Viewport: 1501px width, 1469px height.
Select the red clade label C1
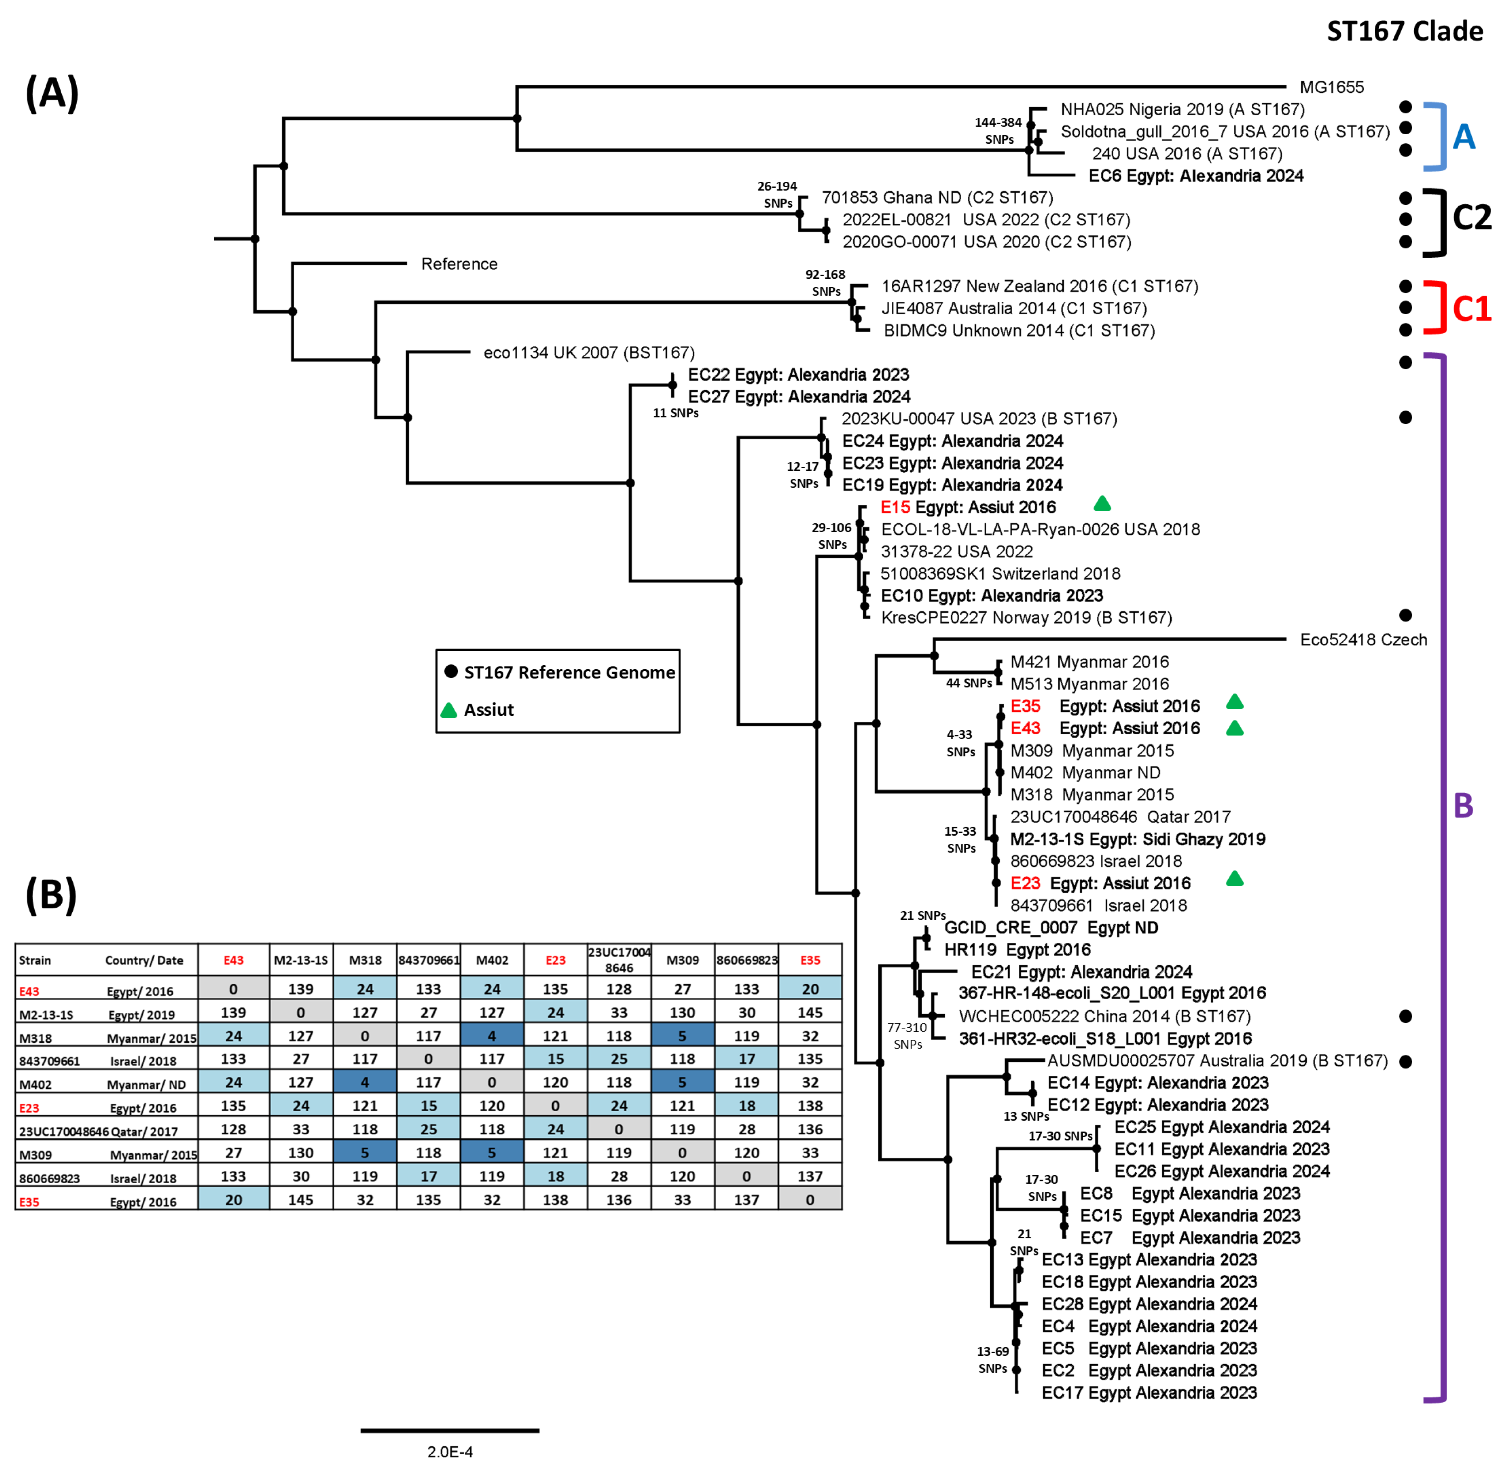(x=1471, y=309)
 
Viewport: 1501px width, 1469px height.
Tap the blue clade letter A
(x=1463, y=137)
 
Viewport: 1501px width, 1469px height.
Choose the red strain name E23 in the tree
(x=1025, y=883)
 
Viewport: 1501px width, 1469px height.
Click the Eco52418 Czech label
(x=1363, y=639)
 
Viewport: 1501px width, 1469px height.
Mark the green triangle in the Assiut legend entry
(x=448, y=711)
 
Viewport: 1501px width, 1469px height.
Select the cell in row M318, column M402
(x=492, y=1035)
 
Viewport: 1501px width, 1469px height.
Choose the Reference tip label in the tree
(x=459, y=264)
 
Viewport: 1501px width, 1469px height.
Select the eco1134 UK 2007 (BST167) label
(x=589, y=353)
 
